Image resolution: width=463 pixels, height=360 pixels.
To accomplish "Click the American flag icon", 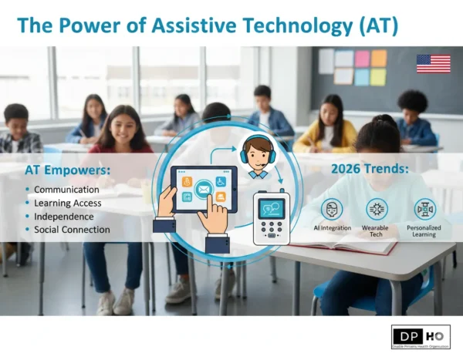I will point(433,63).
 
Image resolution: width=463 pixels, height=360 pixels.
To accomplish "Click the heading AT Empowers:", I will point(65,168).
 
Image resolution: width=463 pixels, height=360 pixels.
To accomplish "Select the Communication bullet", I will point(66,189).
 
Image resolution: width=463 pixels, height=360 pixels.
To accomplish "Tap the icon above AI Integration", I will point(332,209).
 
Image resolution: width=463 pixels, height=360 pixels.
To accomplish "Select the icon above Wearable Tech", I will point(377,209).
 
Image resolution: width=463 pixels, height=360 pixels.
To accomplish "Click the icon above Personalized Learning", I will point(424,209).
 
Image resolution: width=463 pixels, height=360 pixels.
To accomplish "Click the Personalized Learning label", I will point(424,231).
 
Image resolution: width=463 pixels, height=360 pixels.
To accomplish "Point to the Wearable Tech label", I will point(377,231).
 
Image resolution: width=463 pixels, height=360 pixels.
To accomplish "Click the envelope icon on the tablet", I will point(204,187).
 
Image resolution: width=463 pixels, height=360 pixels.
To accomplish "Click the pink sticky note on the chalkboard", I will point(362,59).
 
